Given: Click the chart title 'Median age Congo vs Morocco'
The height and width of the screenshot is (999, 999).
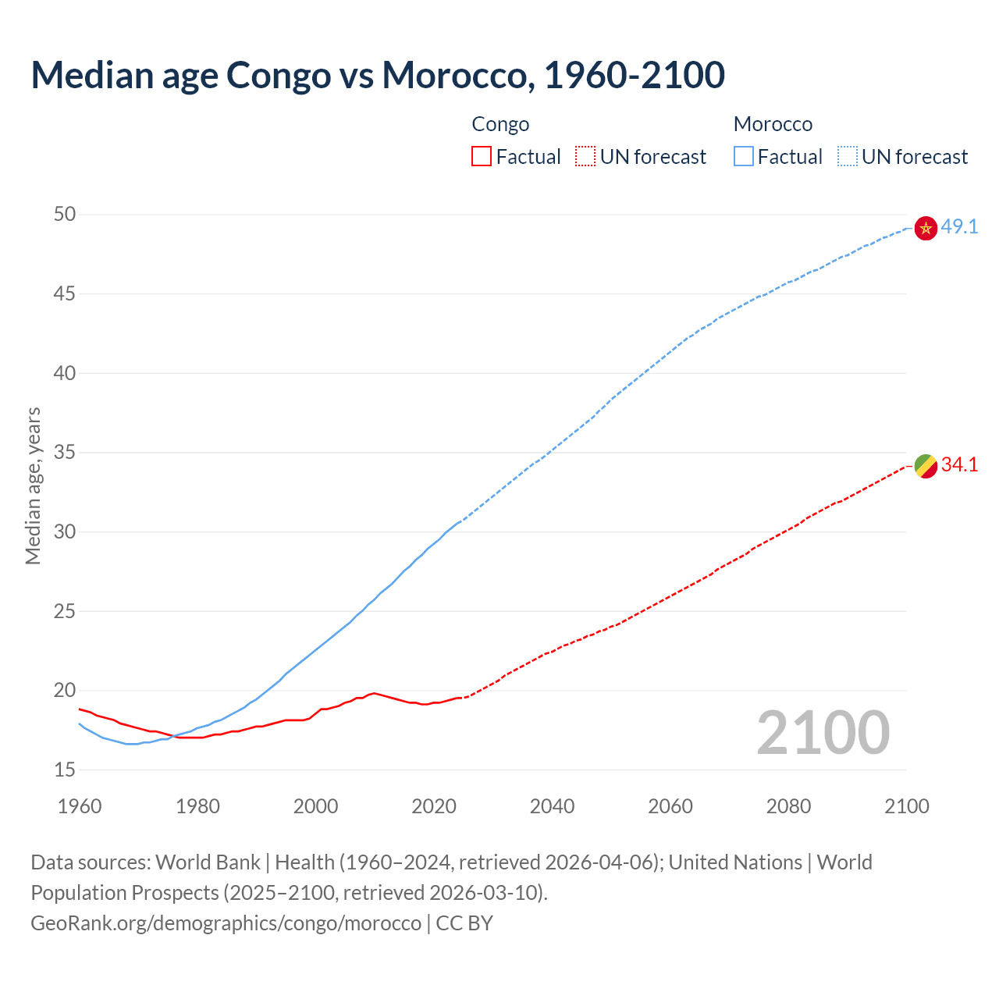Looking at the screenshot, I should (x=378, y=75).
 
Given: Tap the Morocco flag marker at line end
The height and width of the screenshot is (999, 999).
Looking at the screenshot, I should (x=926, y=228).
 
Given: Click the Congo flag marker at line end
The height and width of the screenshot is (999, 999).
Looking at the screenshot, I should (x=926, y=466).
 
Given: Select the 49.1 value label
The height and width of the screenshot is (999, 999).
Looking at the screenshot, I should (x=959, y=227).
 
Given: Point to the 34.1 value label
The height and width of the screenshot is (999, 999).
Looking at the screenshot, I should (x=959, y=465).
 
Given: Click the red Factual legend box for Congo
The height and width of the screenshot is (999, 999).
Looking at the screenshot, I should (x=482, y=157).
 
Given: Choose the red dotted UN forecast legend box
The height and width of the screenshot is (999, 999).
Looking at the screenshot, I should (x=585, y=157).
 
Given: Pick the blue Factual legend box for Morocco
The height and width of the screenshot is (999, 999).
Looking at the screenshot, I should (x=744, y=157).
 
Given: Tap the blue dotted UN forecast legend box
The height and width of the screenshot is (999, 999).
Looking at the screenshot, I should (x=848, y=157).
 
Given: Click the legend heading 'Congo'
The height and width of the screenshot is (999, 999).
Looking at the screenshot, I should (x=500, y=124).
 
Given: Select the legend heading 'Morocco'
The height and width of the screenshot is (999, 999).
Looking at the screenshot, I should (x=773, y=124).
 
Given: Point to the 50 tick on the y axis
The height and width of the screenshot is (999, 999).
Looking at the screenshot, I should (x=65, y=214).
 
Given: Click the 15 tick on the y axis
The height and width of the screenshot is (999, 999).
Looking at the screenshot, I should (x=65, y=770).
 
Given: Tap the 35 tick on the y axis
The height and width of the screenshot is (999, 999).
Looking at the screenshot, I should (x=65, y=452).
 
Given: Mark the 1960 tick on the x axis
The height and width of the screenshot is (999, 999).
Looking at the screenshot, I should (x=80, y=806).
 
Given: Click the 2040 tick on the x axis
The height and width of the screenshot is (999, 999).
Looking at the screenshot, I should (x=552, y=806).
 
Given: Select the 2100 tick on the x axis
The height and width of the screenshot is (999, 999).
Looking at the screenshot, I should (x=906, y=806).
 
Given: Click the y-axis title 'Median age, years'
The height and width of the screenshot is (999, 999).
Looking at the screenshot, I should (x=33, y=485).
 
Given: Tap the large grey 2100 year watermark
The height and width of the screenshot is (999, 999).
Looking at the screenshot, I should (x=823, y=732).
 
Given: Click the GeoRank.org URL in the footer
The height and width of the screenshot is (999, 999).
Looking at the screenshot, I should (x=226, y=923).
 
